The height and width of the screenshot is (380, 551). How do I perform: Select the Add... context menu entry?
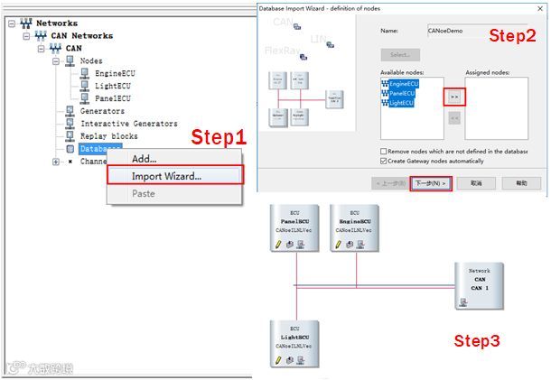click(x=145, y=159)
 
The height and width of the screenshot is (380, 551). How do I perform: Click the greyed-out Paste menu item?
click(x=144, y=193)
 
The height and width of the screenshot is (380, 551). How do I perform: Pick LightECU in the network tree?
click(x=116, y=86)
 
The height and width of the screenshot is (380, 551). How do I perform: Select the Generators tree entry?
click(x=103, y=111)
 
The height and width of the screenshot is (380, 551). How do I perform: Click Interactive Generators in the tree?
click(x=129, y=124)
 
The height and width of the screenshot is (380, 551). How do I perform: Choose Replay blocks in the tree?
click(x=109, y=136)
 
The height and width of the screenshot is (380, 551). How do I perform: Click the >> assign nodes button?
click(x=454, y=95)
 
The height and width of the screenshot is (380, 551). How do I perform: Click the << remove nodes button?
click(x=454, y=117)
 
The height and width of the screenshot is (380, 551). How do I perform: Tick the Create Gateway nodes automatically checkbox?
click(x=384, y=161)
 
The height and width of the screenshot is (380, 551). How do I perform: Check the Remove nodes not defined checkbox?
click(x=384, y=151)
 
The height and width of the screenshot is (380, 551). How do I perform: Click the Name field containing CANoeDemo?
click(x=475, y=31)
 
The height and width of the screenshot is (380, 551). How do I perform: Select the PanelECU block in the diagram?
click(x=295, y=230)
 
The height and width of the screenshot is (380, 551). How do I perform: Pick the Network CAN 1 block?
click(x=478, y=285)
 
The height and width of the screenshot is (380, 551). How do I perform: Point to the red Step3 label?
click(x=475, y=341)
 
